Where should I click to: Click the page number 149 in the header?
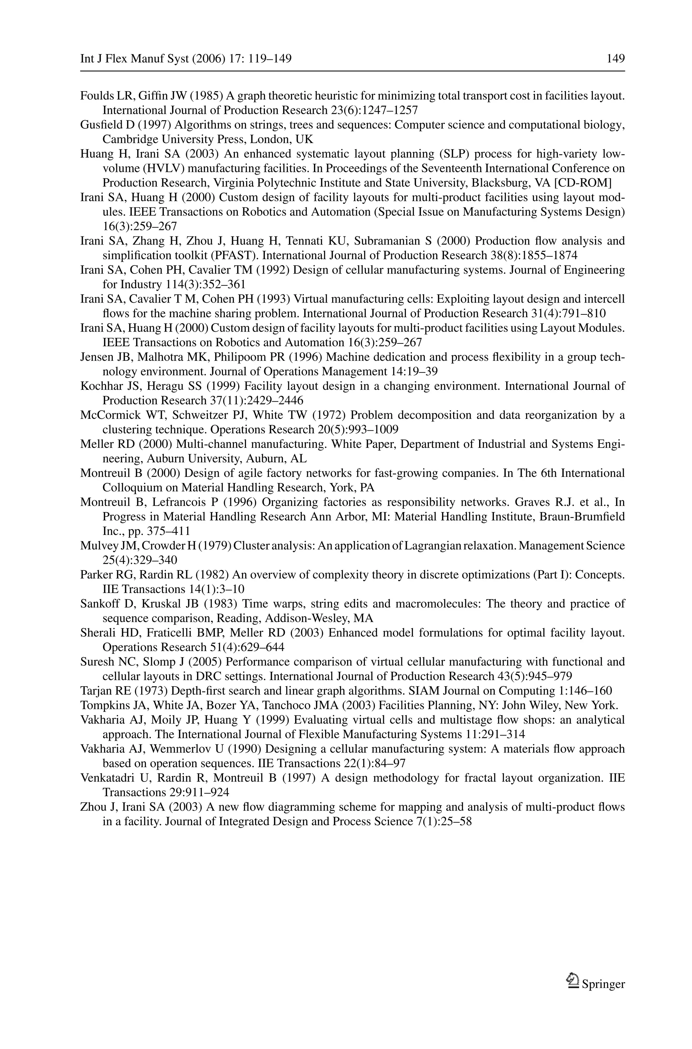tap(616, 59)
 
